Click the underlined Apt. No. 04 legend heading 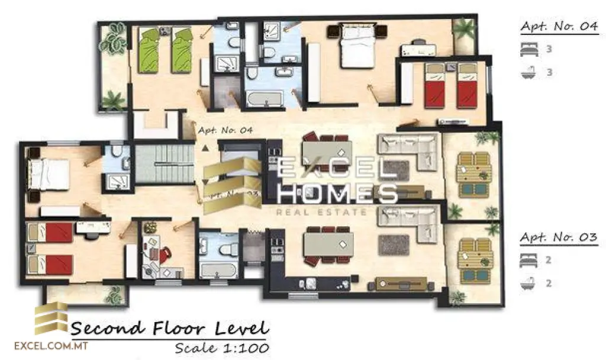tap(559, 27)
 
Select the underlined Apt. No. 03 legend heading tap(559, 237)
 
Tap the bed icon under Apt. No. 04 tap(527, 49)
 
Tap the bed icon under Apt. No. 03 tap(527, 260)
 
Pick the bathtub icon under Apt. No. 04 tap(527, 72)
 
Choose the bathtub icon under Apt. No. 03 tap(527, 284)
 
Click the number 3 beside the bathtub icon tap(549, 72)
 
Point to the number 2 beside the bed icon tap(549, 260)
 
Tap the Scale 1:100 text tap(222, 347)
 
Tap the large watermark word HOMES tap(337, 194)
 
